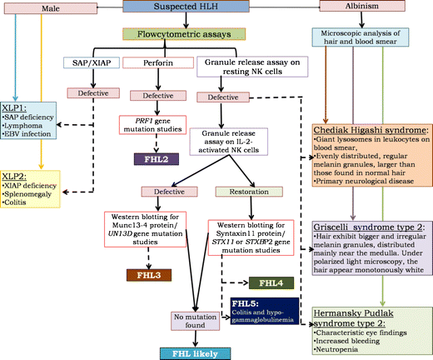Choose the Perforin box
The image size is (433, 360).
tap(156, 62)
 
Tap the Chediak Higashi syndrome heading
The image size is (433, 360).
tap(367, 132)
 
